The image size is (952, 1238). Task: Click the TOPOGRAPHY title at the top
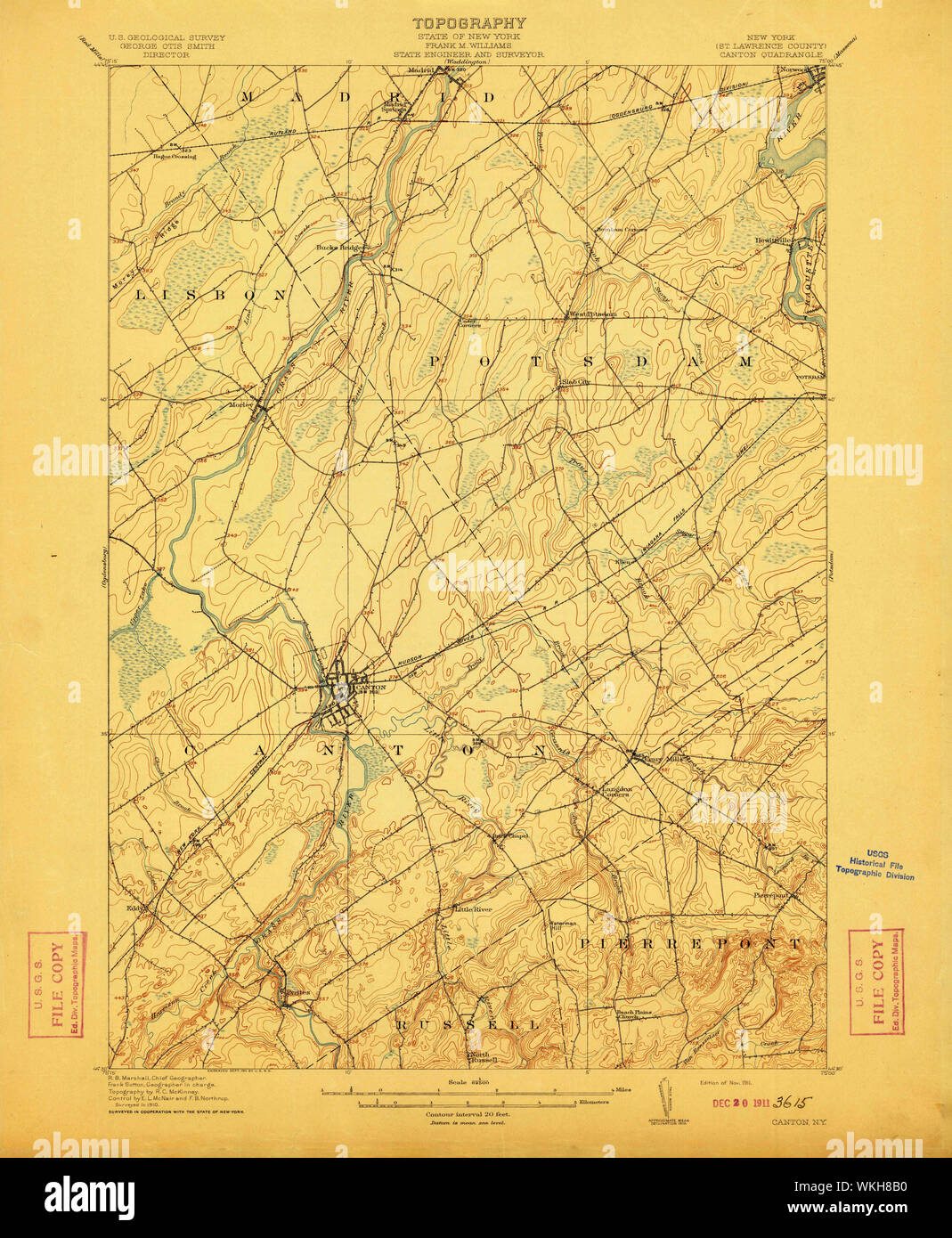[x=468, y=23]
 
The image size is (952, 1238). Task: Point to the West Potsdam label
[x=593, y=314]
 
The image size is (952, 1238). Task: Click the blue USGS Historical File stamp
[x=875, y=863]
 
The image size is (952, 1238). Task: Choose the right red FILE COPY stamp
[x=876, y=981]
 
